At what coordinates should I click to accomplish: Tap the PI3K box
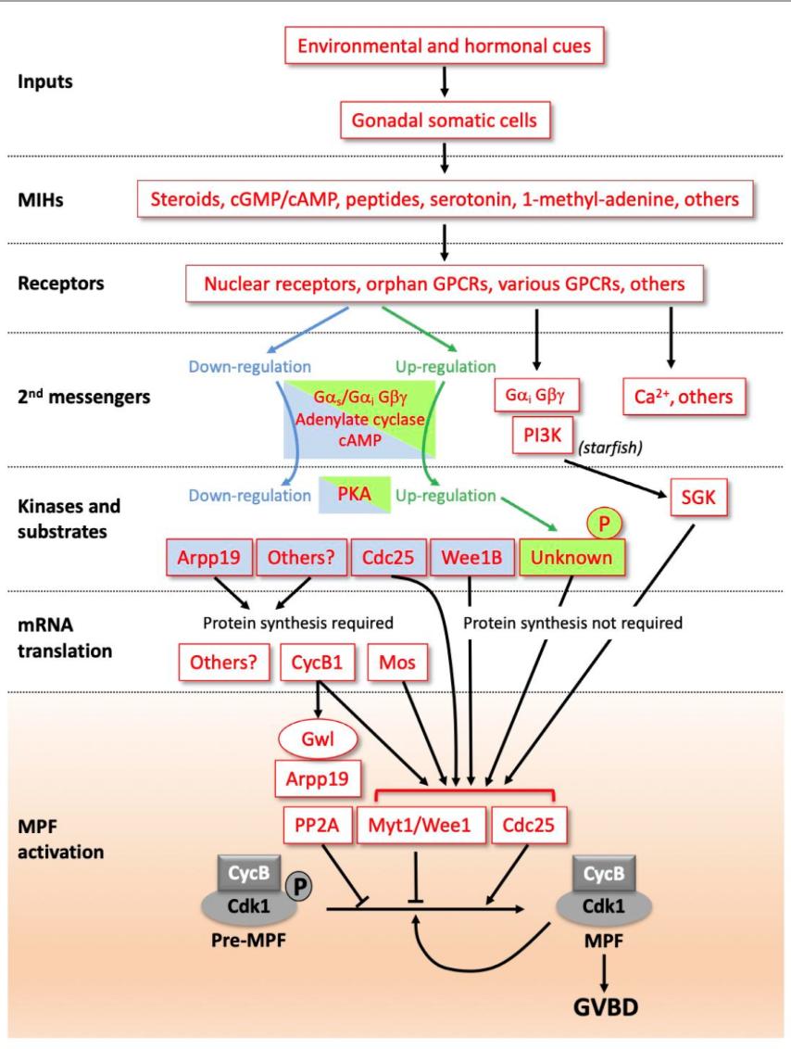click(x=540, y=435)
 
